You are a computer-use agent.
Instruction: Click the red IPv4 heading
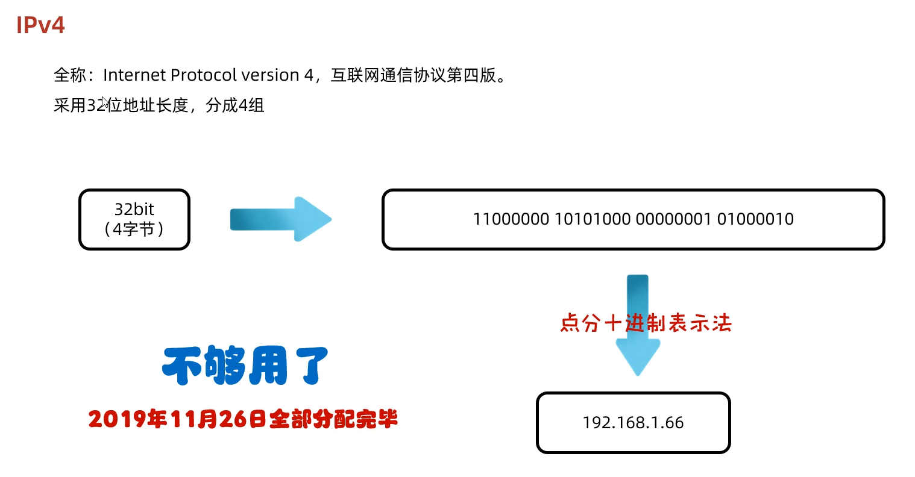40,25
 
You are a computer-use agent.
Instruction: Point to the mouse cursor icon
105,103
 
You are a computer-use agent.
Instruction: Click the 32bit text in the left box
134,209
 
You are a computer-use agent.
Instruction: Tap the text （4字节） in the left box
134,229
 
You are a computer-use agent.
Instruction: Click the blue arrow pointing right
281,219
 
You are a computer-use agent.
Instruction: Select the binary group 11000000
511,219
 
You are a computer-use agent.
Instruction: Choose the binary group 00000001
673,219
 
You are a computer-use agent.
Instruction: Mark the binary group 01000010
755,219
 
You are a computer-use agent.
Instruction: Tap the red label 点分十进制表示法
646,323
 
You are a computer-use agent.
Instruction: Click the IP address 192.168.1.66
633,423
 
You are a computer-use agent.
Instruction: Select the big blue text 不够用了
245,366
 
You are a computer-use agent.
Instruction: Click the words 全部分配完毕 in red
333,419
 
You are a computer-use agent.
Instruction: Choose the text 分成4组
234,106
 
